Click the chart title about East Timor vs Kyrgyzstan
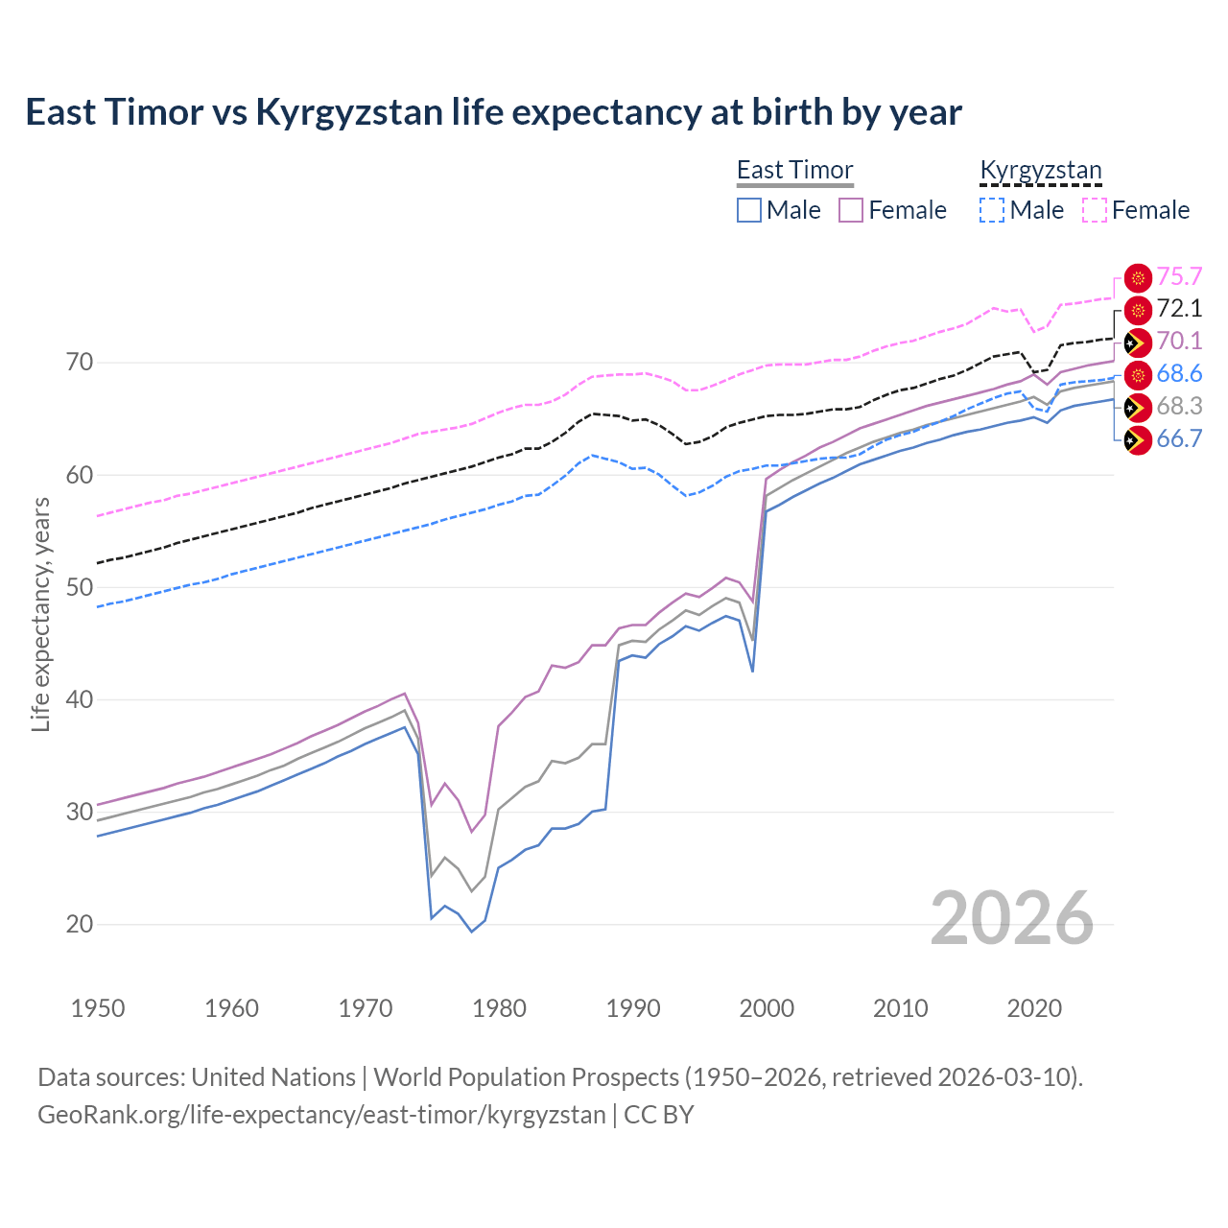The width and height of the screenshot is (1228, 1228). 493,112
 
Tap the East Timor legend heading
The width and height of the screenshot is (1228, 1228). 794,170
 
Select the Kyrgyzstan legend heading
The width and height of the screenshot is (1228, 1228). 1040,170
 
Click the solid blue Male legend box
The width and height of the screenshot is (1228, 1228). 749,210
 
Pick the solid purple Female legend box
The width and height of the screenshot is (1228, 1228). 851,210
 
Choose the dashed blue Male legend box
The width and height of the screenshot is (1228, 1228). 992,210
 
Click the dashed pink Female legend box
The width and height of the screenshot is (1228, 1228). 1094,210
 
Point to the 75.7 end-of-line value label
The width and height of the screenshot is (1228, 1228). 1179,276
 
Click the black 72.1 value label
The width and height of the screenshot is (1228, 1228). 1179,309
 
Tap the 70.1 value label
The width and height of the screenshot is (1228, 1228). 1179,342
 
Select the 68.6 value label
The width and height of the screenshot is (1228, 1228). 1179,374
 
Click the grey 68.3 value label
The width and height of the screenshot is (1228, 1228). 1179,407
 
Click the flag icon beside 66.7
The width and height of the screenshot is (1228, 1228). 1138,440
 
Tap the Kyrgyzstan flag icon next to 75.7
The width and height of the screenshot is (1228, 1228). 1138,277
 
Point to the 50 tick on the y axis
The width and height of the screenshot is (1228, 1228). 80,587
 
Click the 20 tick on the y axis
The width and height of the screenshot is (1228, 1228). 80,924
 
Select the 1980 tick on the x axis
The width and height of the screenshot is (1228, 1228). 499,1008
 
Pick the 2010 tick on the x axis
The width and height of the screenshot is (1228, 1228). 900,1008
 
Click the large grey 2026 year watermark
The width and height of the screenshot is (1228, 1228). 1012,918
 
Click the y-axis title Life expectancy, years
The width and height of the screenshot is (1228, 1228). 40,614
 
